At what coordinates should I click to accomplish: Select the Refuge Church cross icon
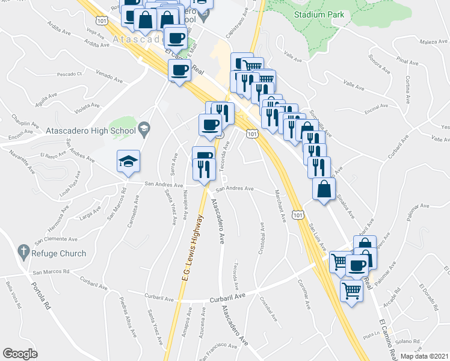pos(23,253)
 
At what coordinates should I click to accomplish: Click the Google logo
pos(20,353)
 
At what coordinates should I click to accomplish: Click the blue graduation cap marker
pos(128,161)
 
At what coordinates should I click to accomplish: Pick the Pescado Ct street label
pos(69,74)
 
